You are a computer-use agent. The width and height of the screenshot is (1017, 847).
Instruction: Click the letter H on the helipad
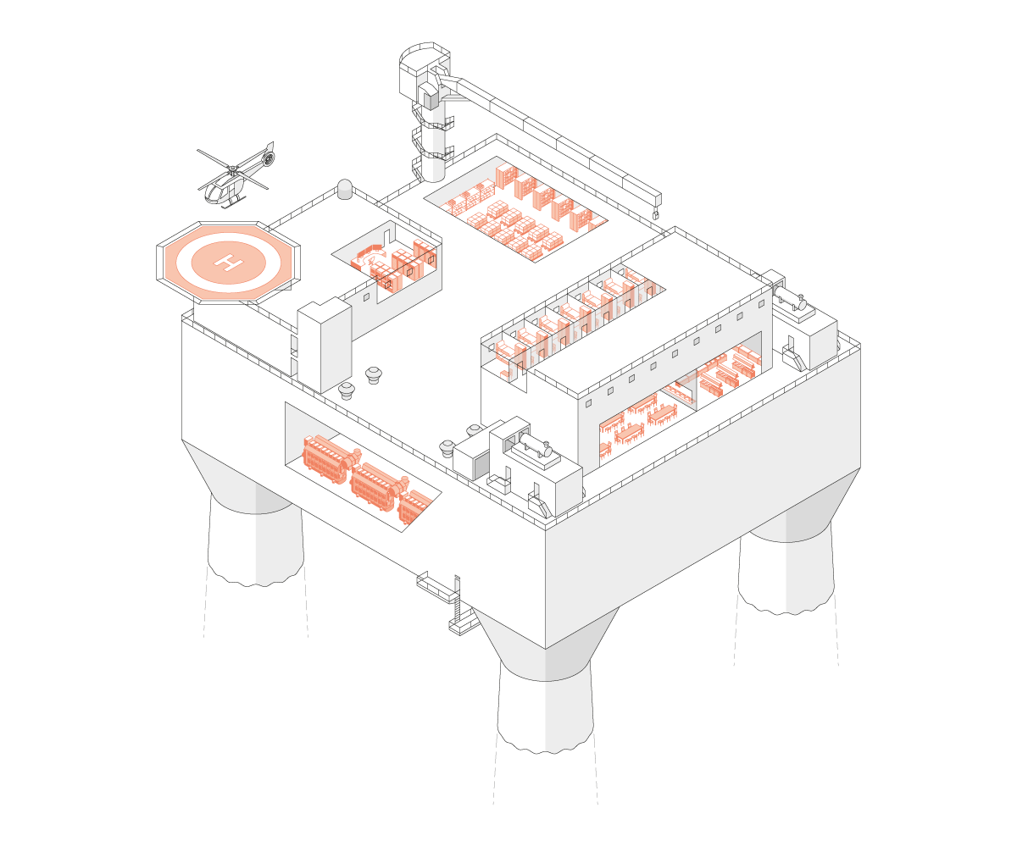(x=228, y=261)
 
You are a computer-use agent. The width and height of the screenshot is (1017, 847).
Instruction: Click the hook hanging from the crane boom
(x=656, y=216)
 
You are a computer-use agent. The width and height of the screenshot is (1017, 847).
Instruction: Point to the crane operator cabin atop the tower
(x=421, y=75)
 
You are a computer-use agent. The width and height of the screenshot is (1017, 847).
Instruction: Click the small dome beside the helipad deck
(x=345, y=189)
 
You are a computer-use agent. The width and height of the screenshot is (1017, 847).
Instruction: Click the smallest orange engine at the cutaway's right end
(x=414, y=507)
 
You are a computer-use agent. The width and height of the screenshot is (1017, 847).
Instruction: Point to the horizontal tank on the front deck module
(x=536, y=446)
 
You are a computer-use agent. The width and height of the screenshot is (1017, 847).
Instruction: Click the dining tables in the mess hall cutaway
(x=631, y=423)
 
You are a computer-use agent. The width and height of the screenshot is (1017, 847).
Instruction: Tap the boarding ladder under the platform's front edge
(x=458, y=603)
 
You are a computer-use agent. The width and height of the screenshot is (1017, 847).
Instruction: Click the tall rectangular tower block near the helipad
(x=324, y=345)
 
